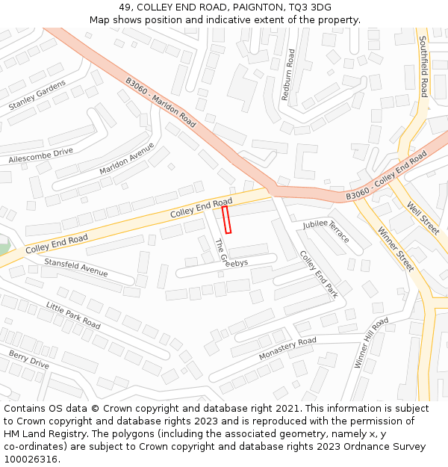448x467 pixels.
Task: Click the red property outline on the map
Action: coord(227,220)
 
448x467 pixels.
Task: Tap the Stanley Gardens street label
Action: coord(37,94)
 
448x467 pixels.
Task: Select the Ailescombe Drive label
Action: coord(41,155)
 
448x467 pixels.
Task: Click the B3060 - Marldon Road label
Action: coord(161,102)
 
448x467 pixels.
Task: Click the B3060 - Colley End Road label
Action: coord(386,177)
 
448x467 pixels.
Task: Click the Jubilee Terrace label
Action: coord(326,231)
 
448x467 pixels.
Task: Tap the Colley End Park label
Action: coord(319,274)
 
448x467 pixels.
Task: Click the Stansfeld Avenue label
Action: coord(76,267)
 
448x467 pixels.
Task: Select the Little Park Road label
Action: coord(73,315)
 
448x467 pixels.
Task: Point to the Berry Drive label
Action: coord(29,359)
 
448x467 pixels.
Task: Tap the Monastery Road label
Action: coord(287,349)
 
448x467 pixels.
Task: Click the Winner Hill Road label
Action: coord(371,342)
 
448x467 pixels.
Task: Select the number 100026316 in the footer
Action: coord(30,460)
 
